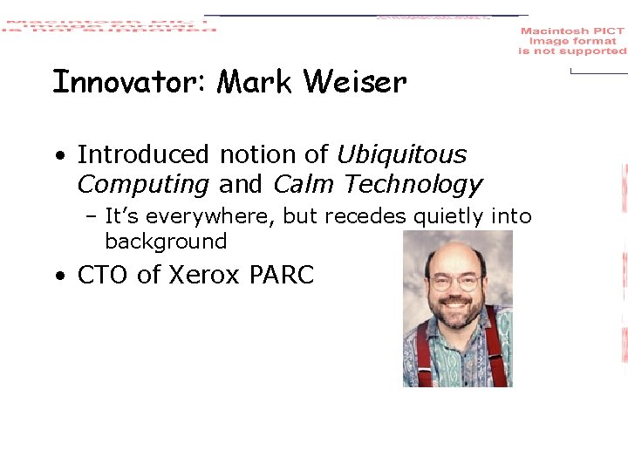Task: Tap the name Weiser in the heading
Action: [355, 83]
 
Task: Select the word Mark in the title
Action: [255, 83]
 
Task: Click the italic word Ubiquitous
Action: [401, 155]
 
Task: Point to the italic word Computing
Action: [143, 185]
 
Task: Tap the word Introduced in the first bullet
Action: [143, 155]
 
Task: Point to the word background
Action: [166, 242]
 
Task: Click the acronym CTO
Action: [104, 275]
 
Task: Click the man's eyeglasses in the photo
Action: [456, 282]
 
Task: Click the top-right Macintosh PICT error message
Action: [572, 41]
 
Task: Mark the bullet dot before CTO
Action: [58, 276]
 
